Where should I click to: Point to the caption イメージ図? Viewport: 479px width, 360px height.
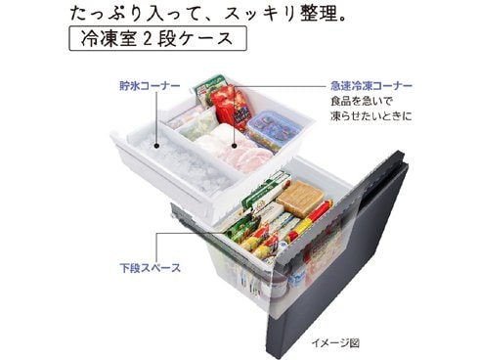click(336, 343)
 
